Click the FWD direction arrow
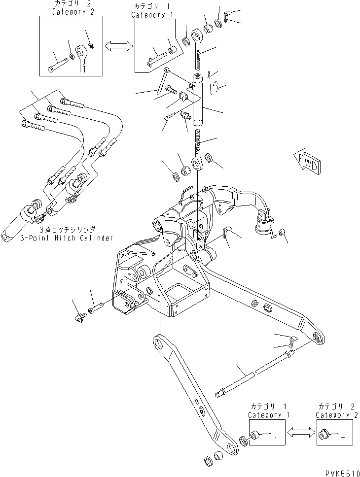[308, 161]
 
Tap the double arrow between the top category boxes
[118, 45]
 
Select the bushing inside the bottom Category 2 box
[324, 435]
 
